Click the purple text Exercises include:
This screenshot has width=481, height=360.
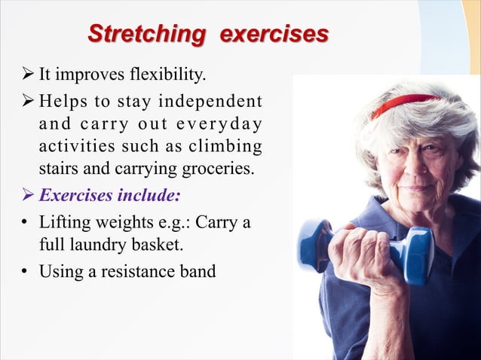[109, 196]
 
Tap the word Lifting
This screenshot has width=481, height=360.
[64, 223]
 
